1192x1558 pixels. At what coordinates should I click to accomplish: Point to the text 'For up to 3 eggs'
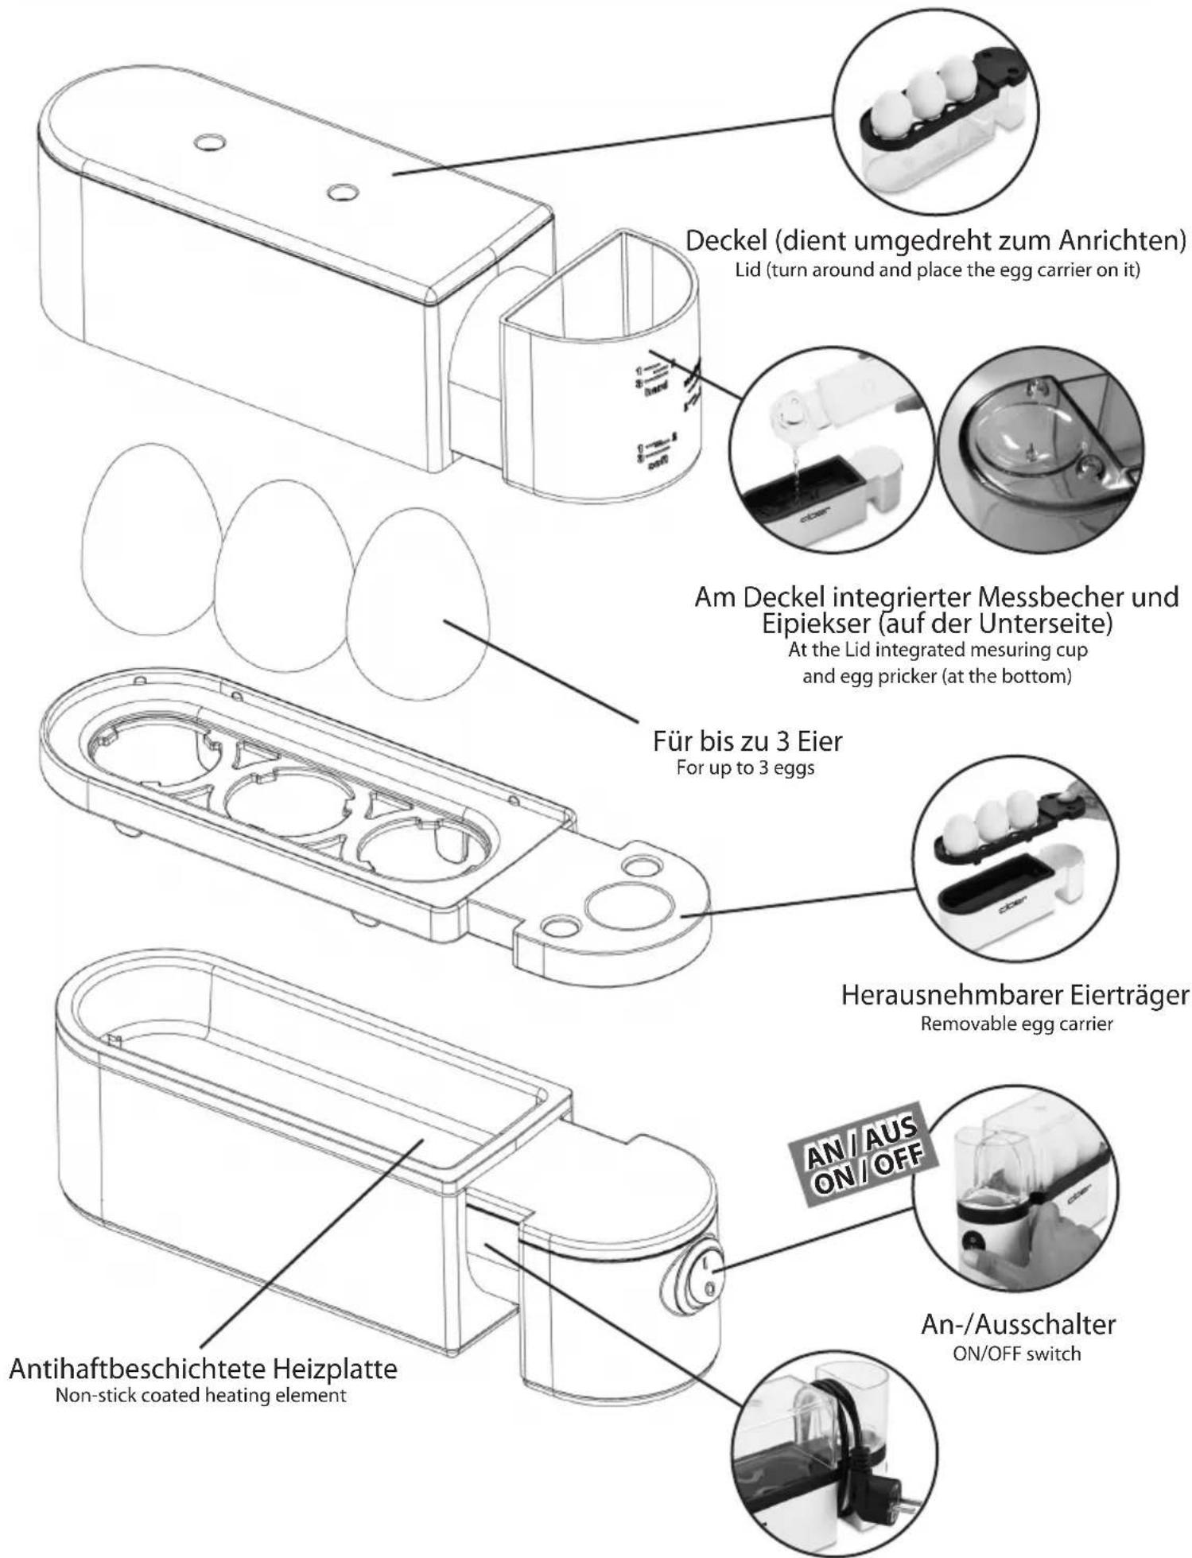(x=745, y=769)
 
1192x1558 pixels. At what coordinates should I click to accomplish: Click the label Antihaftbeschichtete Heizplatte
(x=203, y=1370)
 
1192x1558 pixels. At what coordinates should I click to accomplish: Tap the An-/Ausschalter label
(x=1018, y=1324)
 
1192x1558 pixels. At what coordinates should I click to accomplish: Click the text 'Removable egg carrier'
(x=1016, y=1024)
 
